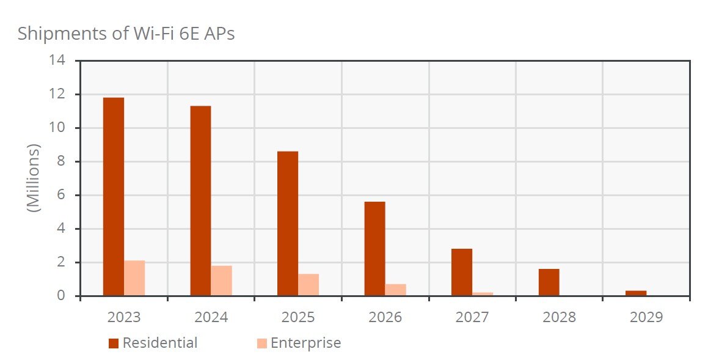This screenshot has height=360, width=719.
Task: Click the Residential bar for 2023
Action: (x=114, y=197)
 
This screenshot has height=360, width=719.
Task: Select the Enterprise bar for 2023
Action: (x=134, y=278)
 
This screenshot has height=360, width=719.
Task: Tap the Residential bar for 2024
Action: (x=200, y=201)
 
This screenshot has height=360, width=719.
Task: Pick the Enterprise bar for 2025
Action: (x=308, y=285)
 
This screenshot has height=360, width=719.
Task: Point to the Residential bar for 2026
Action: (x=374, y=249)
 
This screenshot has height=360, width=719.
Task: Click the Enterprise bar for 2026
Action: (x=395, y=290)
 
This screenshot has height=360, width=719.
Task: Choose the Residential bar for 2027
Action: (x=462, y=272)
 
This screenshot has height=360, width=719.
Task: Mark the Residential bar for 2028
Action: (x=549, y=282)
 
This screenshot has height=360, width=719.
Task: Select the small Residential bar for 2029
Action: (x=636, y=293)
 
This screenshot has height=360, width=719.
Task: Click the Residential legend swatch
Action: (x=114, y=343)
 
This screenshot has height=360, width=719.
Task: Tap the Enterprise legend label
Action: (x=305, y=343)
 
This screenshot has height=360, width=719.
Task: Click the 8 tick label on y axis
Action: (x=61, y=161)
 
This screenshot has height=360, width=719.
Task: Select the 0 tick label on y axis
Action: (x=61, y=296)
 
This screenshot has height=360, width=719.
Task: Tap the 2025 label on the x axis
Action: (x=298, y=317)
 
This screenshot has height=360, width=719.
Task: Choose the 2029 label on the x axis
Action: (x=646, y=317)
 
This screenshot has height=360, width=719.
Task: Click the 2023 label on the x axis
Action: (x=124, y=317)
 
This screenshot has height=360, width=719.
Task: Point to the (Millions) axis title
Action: (x=34, y=178)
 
